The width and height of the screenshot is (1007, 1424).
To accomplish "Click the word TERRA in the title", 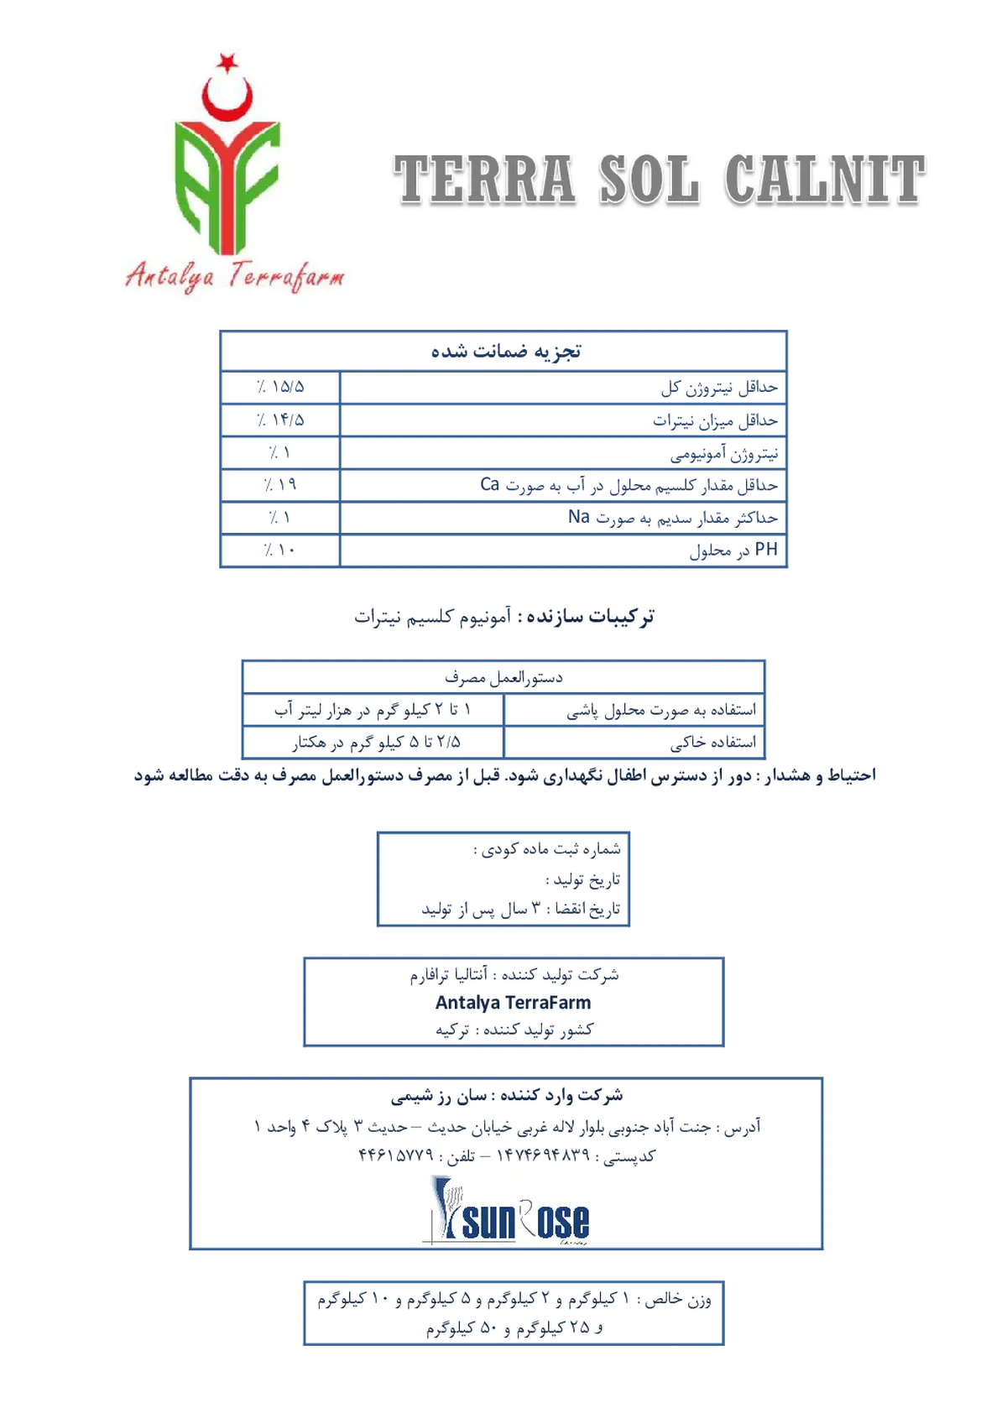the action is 484,180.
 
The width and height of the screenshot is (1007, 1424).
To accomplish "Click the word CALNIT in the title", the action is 825,180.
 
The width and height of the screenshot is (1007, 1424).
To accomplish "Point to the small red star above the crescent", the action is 227,61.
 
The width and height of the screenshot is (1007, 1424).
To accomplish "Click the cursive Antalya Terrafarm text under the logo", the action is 235,277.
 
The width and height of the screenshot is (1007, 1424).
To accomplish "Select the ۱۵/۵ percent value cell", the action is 280,387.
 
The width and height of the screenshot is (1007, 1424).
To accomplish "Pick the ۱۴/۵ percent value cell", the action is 280,420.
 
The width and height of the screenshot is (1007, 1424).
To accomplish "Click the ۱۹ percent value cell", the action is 280,485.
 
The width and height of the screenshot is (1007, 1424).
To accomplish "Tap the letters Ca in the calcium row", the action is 489,484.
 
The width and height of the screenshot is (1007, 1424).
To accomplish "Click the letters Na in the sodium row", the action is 578,517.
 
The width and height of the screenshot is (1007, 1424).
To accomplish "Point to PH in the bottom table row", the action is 766,550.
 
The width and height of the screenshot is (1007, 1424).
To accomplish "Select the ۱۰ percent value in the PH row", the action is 279,550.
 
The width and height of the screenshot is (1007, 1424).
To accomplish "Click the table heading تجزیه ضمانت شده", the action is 506,351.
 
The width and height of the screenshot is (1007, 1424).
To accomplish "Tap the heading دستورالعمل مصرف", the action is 503,678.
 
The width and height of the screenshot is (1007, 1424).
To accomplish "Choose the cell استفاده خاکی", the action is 713,742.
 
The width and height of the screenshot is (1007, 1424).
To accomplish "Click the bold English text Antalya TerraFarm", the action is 513,1003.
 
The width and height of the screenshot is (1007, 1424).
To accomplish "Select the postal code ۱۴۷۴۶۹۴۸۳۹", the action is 543,1155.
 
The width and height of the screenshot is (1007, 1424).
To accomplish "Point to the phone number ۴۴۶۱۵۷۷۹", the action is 395,1155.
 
